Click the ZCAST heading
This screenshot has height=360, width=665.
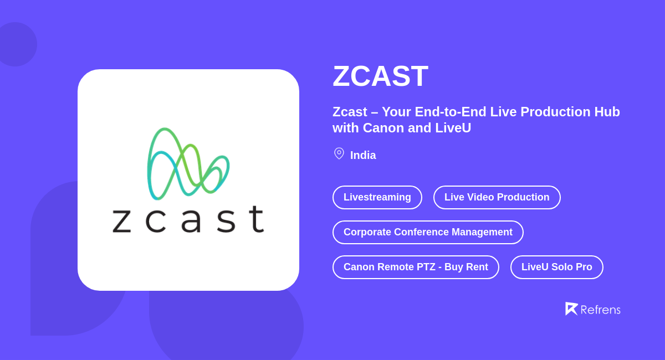coord(380,76)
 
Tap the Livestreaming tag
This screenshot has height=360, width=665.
coord(377,197)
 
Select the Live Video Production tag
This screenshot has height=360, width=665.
coord(497,197)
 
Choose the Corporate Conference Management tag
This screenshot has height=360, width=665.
coord(428,232)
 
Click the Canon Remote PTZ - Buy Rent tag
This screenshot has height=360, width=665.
coord(416,267)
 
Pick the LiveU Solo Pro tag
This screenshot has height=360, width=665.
coord(556,267)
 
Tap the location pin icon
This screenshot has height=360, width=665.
coord(339,153)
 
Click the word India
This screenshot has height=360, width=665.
coord(363,155)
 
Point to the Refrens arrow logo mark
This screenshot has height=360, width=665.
coord(571,308)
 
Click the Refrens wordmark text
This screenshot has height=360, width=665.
coord(600,310)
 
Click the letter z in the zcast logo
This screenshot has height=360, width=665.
coord(121,220)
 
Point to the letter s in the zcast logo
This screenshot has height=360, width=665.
coord(226,220)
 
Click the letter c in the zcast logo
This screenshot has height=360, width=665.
coord(156,220)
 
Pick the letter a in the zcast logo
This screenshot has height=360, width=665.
coord(191,220)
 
